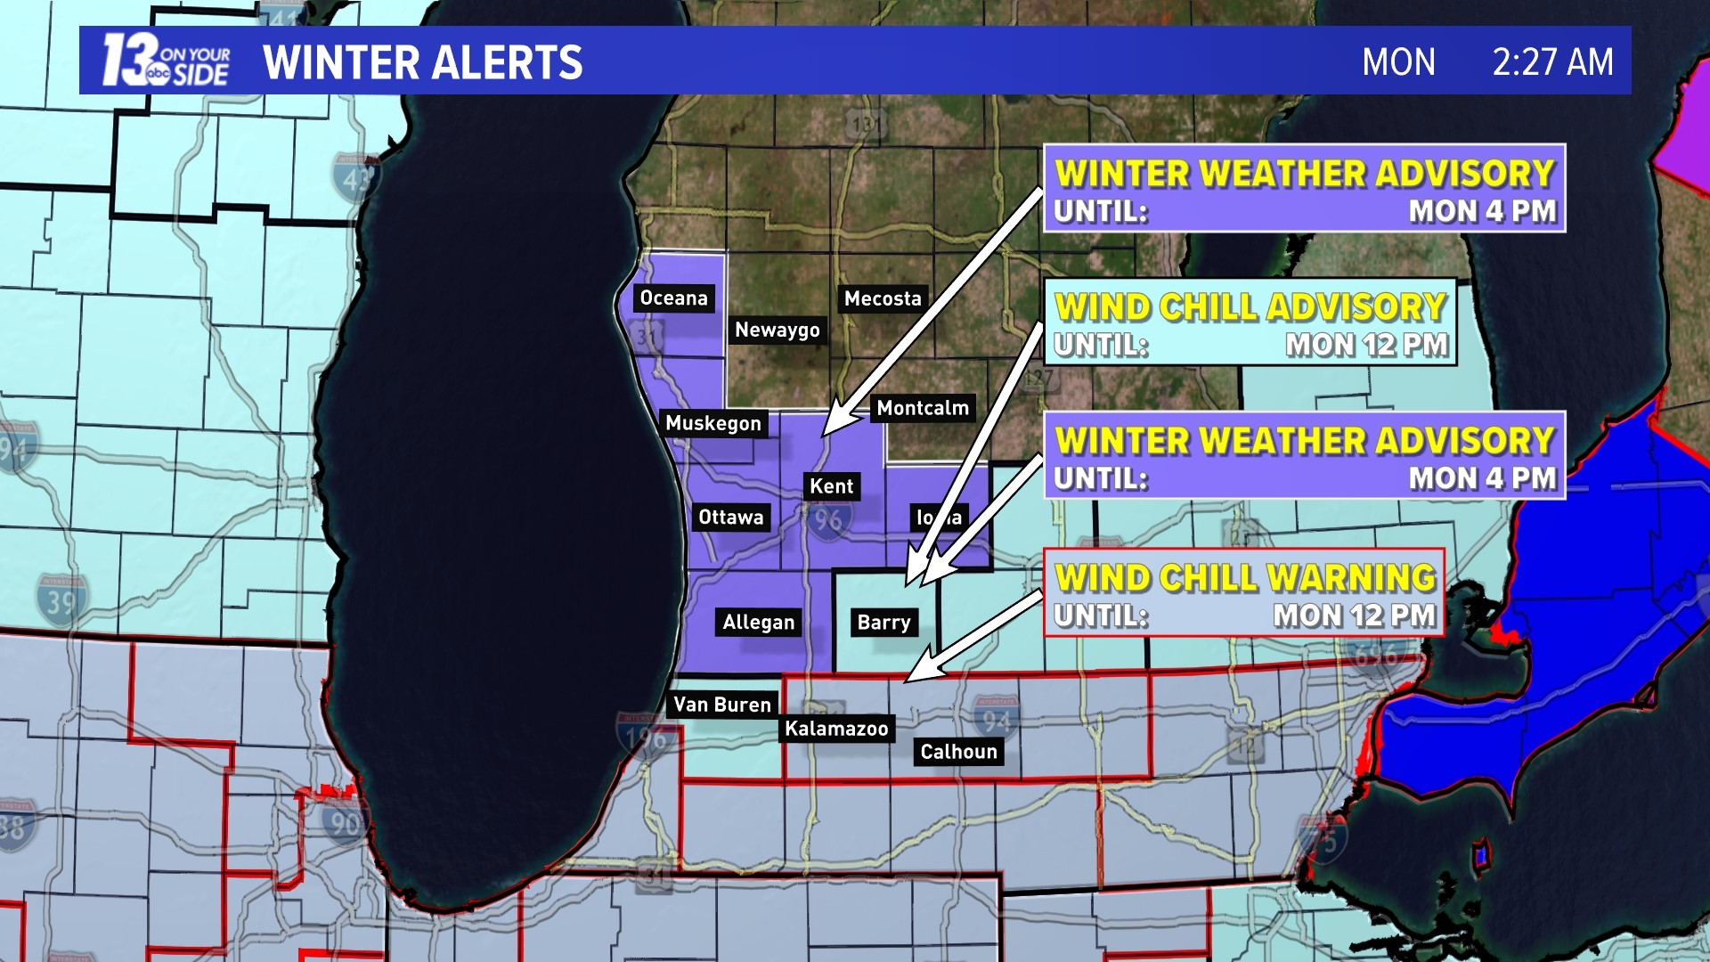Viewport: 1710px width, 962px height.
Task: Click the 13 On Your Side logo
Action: click(x=166, y=61)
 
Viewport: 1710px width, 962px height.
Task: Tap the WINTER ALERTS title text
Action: click(x=422, y=62)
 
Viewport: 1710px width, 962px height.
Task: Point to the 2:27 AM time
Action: click(x=1552, y=62)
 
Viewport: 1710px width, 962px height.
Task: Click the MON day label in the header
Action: click(x=1398, y=62)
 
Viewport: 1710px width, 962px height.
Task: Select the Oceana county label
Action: click(x=673, y=298)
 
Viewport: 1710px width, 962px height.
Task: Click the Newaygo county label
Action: click(x=777, y=330)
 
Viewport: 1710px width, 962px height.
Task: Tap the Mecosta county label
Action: click(x=883, y=299)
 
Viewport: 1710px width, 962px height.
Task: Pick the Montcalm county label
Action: click(x=922, y=409)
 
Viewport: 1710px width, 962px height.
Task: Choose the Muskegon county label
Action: click(x=713, y=424)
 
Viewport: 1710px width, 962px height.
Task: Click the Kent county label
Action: click(x=831, y=487)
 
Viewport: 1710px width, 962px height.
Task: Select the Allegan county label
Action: click(x=758, y=623)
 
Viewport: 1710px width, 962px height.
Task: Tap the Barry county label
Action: click(x=883, y=623)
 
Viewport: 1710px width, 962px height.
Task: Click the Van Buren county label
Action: click(x=721, y=705)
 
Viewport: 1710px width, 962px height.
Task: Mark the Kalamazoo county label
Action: click(x=836, y=730)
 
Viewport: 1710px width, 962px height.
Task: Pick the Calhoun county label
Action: click(x=958, y=753)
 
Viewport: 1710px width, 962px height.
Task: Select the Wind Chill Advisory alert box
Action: click(x=1250, y=323)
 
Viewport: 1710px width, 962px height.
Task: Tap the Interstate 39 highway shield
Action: click(x=61, y=601)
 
